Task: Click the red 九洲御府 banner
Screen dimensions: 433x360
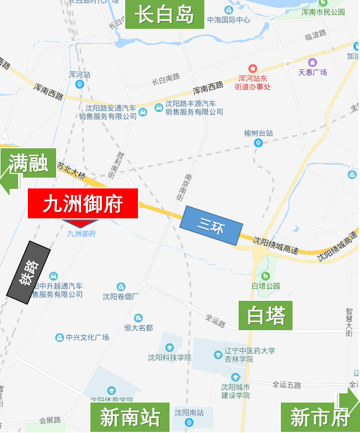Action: (83, 204)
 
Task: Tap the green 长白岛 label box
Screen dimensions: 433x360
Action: (164, 14)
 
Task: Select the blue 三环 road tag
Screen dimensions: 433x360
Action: (211, 225)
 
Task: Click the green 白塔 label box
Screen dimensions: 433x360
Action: (266, 315)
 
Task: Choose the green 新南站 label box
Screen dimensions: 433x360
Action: (129, 417)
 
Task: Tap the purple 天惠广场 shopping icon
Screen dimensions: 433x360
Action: (312, 62)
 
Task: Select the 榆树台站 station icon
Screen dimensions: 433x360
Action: (258, 142)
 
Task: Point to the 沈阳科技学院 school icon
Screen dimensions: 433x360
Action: (170, 348)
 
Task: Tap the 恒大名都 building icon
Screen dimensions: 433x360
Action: (139, 318)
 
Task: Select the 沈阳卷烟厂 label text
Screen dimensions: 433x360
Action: (121, 297)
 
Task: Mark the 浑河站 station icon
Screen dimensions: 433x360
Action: (80, 84)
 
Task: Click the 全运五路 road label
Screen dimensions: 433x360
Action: (287, 385)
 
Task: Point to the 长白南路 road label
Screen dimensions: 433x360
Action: (166, 80)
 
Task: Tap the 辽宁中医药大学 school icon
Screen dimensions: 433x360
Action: (218, 354)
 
